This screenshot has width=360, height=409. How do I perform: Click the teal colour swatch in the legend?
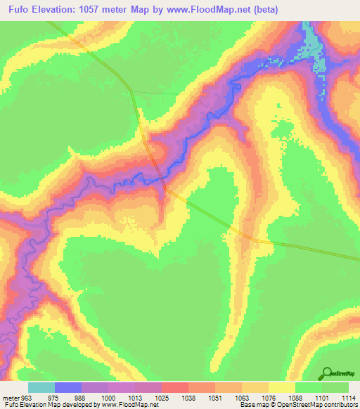(41, 387)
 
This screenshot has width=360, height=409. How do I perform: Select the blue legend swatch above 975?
(68, 387)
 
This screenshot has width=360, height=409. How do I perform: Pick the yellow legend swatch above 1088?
(282, 387)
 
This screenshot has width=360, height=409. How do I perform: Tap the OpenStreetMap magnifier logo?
(328, 373)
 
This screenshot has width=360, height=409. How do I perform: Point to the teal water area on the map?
(316, 56)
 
